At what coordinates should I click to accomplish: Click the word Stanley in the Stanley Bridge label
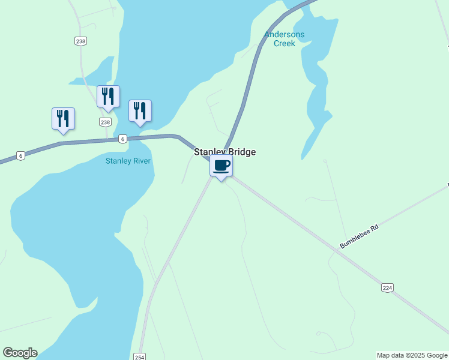[208, 152]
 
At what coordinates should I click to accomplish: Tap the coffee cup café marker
[221, 166]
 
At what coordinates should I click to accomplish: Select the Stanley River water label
[128, 161]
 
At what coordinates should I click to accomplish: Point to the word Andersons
[285, 35]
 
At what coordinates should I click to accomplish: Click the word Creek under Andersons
[285, 43]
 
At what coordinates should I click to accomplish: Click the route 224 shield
[387, 288]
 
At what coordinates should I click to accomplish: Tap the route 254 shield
[140, 356]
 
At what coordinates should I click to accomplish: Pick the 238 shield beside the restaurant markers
[106, 122]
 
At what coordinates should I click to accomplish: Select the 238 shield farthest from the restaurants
[81, 41]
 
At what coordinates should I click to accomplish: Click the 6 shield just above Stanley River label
[122, 139]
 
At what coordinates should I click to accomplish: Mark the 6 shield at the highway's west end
[20, 155]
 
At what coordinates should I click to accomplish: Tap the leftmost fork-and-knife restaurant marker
[63, 118]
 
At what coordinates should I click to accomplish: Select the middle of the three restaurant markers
[108, 96]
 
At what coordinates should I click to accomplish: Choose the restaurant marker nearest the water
[140, 110]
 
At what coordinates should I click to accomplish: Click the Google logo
[20, 353]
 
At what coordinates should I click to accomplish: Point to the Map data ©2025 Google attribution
[412, 355]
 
